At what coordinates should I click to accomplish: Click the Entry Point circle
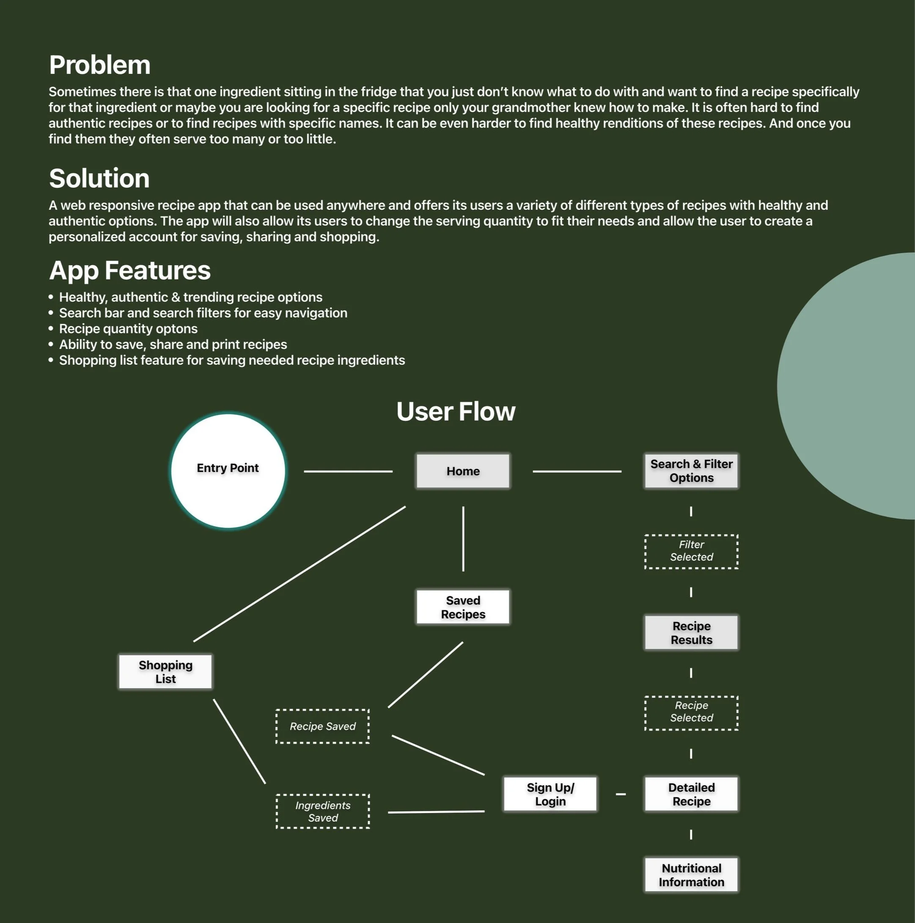pos(228,470)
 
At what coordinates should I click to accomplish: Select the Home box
pos(462,471)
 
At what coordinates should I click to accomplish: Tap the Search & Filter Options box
pos(691,471)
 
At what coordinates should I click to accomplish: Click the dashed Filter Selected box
pos(691,551)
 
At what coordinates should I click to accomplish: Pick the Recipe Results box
pos(691,632)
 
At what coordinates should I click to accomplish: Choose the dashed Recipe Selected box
pos(691,712)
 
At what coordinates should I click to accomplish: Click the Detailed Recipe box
pos(691,794)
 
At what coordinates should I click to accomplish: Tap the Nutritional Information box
pos(691,875)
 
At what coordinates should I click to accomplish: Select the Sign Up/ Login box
pos(550,794)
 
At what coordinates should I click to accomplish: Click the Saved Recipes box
pos(462,607)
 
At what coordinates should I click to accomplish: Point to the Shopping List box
pos(165,672)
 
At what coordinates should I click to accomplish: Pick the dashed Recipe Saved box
pos(322,726)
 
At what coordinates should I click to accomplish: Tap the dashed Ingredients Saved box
pos(322,811)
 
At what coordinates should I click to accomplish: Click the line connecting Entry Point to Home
pos(348,471)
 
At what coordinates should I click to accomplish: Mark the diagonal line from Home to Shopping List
pos(300,574)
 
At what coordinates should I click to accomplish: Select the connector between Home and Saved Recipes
pos(463,538)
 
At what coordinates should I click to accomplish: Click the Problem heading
pos(99,65)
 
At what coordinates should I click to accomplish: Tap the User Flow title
pos(456,411)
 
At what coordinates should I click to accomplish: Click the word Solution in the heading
pos(99,178)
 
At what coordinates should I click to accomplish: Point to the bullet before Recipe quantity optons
pos(51,329)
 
